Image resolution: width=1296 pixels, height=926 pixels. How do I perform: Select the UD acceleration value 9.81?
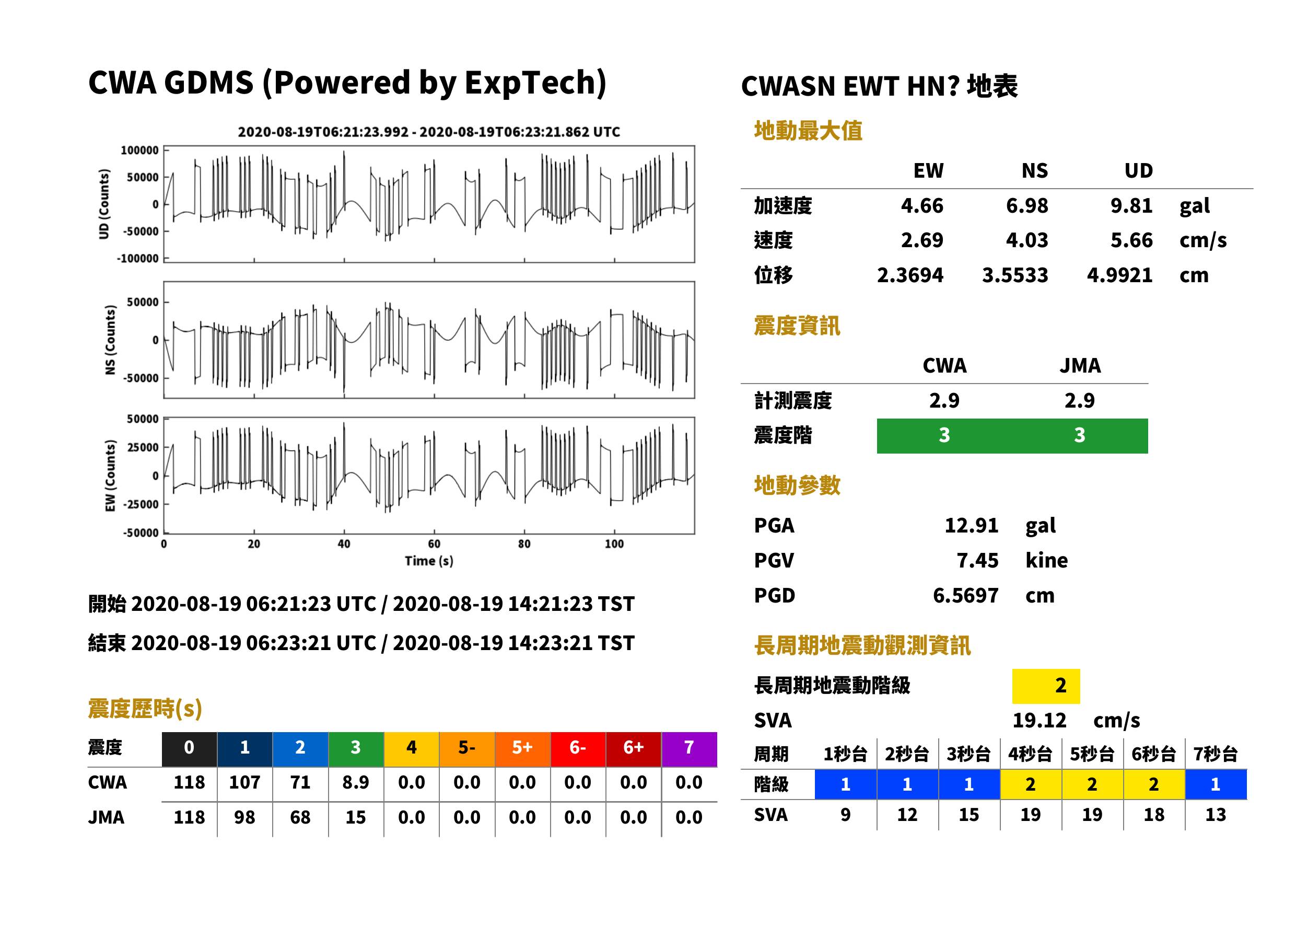tap(1131, 205)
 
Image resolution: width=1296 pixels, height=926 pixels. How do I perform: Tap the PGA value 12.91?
tap(971, 525)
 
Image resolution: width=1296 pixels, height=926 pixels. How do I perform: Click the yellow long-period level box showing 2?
tap(1046, 686)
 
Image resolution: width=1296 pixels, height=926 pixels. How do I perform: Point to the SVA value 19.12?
tap(1039, 720)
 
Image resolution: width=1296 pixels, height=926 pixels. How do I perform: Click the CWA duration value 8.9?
tap(356, 782)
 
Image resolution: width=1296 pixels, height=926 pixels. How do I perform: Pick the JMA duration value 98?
tap(244, 817)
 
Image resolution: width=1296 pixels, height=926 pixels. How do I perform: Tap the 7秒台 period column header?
tap(1216, 755)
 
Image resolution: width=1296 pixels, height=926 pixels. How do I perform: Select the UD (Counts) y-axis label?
tap(104, 204)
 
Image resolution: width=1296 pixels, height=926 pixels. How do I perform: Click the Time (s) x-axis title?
tap(429, 561)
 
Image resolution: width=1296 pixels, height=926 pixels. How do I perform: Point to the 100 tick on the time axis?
tap(614, 544)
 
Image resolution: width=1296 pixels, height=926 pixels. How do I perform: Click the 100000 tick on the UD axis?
tap(139, 151)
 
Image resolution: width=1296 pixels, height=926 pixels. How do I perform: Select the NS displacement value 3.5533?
tap(1015, 275)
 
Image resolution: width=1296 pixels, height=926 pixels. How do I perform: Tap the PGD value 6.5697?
tap(965, 595)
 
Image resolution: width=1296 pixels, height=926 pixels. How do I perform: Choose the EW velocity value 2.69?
tap(922, 240)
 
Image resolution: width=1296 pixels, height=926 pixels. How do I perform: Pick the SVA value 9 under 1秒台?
tap(845, 815)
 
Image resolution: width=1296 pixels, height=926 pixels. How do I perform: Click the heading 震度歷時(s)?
tap(145, 709)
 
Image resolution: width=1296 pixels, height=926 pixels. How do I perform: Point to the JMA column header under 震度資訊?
tap(1080, 365)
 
